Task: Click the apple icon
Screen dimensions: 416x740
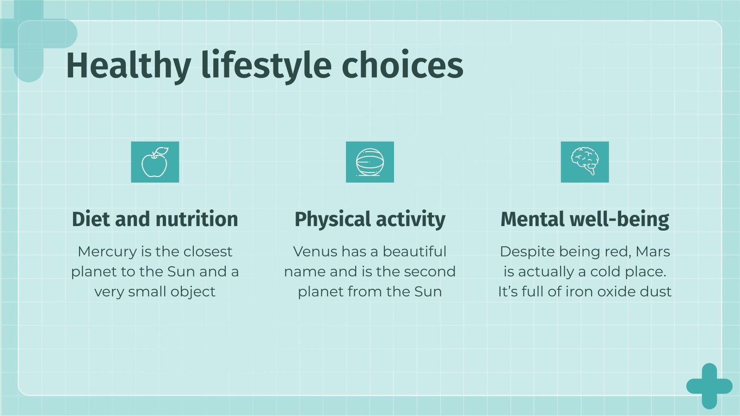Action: [154, 162]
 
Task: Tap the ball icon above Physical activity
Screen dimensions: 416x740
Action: [370, 162]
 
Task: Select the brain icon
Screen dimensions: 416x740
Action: [585, 161]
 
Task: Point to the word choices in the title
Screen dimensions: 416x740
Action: [402, 66]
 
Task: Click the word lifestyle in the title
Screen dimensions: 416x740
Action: [266, 66]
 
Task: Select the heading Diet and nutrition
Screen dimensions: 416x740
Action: [155, 219]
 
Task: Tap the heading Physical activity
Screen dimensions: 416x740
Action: [370, 219]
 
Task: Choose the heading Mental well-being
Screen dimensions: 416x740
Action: [585, 219]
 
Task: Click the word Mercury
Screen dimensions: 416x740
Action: [107, 251]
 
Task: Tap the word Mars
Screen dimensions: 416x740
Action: [653, 251]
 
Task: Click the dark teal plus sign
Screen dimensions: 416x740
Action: [709, 386]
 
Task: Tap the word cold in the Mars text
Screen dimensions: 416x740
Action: [606, 271]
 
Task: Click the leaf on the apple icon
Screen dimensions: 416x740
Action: [161, 152]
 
